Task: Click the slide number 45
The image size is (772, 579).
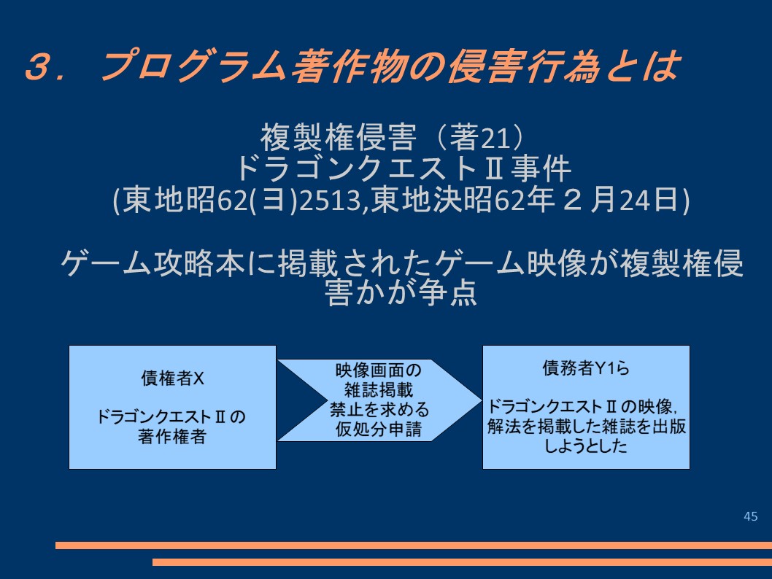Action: pyautogui.click(x=750, y=516)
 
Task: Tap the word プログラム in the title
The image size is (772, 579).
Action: pyautogui.click(x=193, y=65)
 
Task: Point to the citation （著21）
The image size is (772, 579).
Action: pyautogui.click(x=479, y=137)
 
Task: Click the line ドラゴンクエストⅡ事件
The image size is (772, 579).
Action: pyautogui.click(x=403, y=168)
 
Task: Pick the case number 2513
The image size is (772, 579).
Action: pyautogui.click(x=331, y=200)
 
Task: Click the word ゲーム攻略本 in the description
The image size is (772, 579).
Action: pyautogui.click(x=152, y=263)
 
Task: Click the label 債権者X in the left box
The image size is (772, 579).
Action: pyautogui.click(x=172, y=378)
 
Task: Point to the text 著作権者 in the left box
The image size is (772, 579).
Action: pyautogui.click(x=171, y=436)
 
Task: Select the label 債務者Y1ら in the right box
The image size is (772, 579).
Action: pyautogui.click(x=586, y=368)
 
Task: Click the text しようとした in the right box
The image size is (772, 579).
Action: pyautogui.click(x=586, y=446)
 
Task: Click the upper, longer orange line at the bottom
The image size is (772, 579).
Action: pyautogui.click(x=414, y=545)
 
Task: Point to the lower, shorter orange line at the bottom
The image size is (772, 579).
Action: pyautogui.click(x=463, y=561)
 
